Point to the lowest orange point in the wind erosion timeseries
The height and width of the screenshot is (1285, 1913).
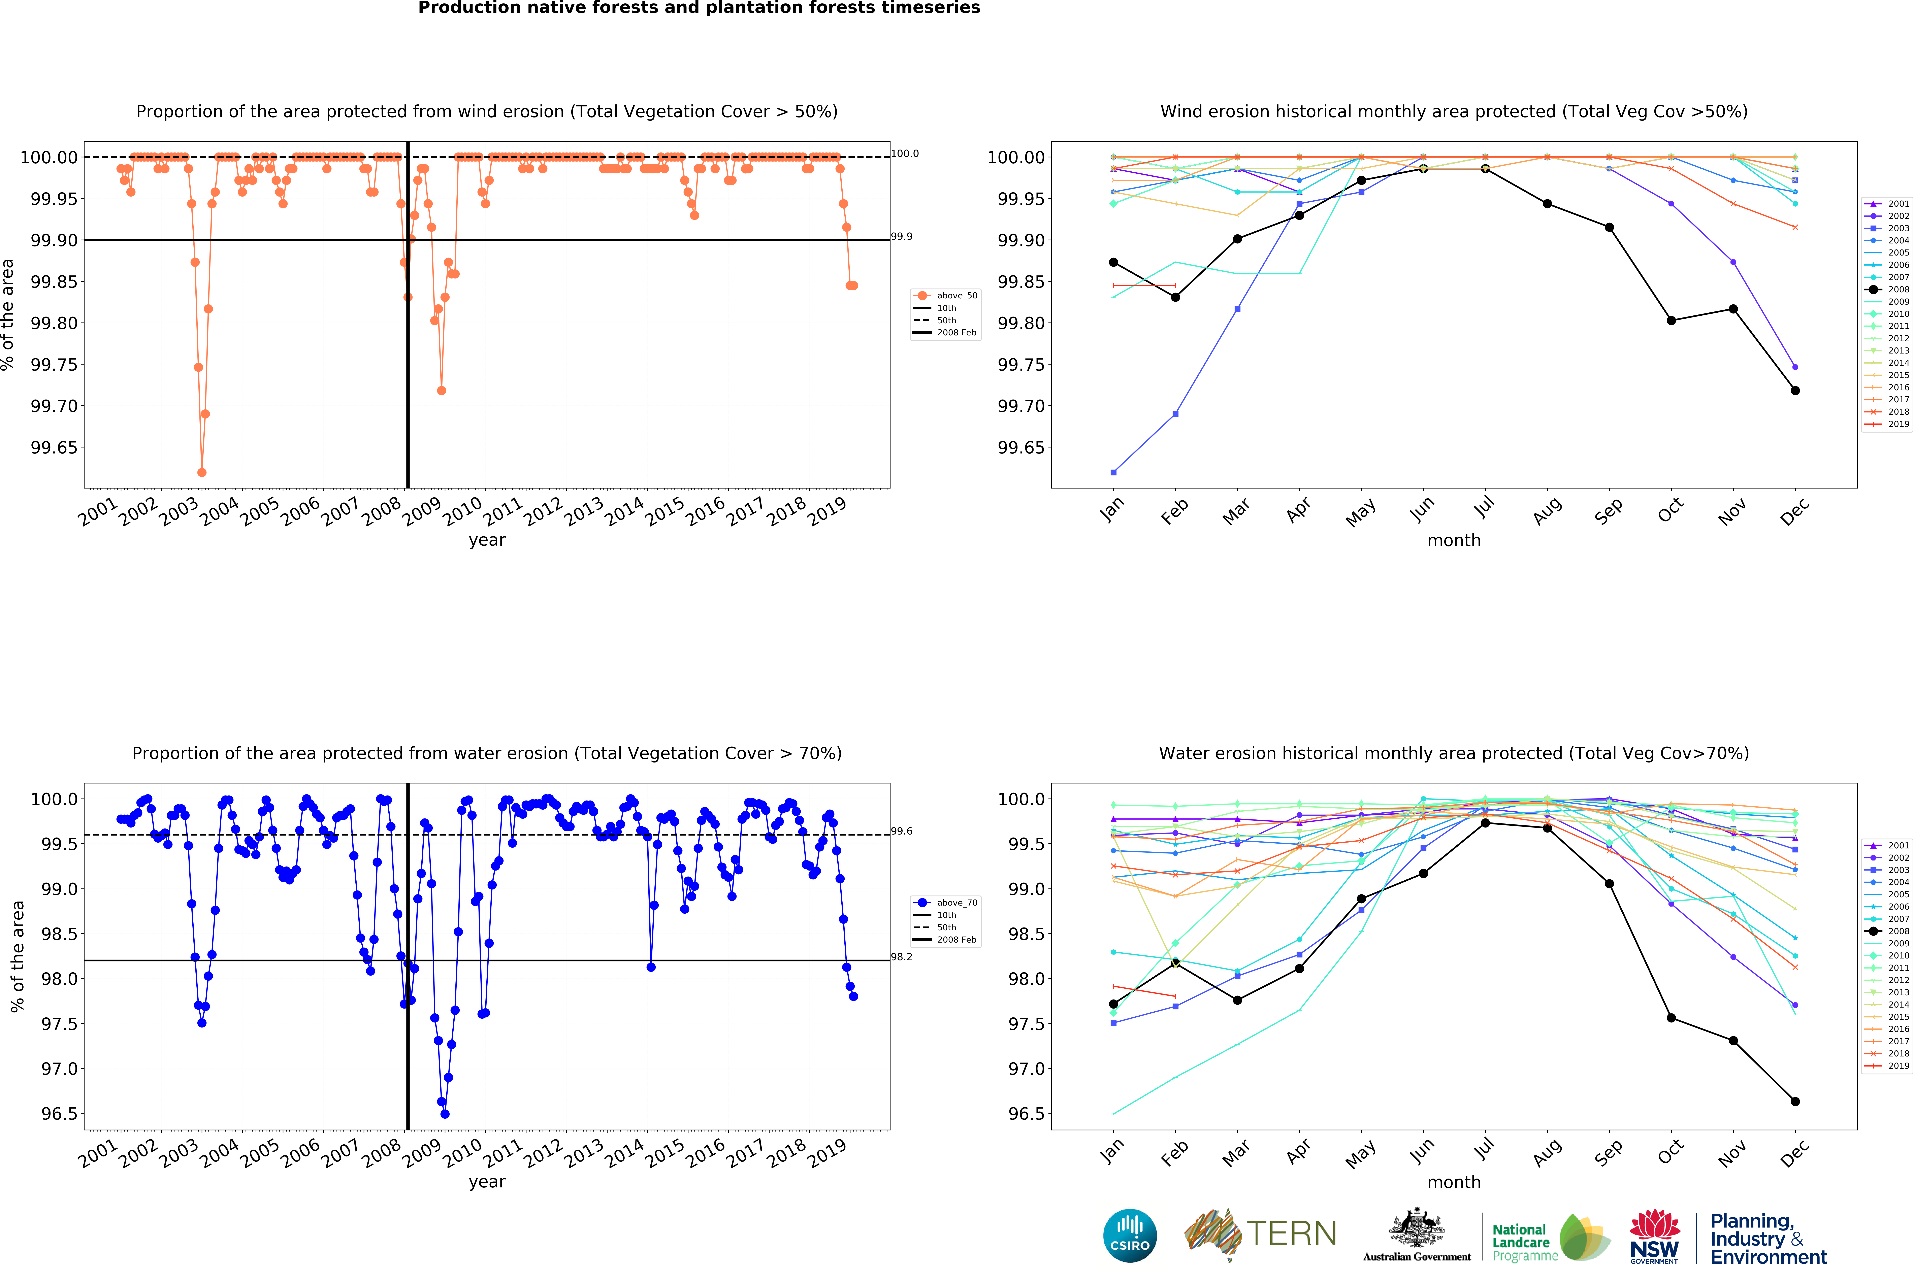(202, 472)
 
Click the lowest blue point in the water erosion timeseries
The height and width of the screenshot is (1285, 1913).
(444, 1114)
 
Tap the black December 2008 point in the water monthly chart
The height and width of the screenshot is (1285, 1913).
(1795, 1102)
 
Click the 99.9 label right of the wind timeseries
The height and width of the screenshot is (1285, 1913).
(902, 236)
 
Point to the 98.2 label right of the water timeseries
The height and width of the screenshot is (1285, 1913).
(902, 956)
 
